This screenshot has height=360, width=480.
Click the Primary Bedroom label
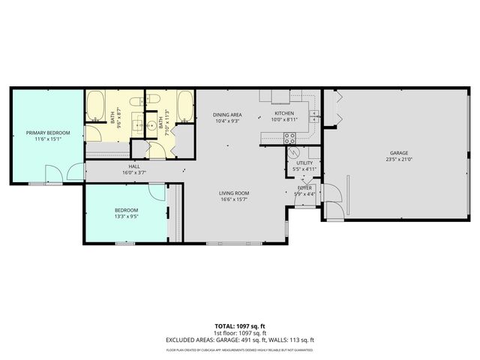pos(48,133)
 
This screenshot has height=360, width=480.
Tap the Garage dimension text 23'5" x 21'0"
pos(398,159)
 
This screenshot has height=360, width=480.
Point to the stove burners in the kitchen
pos(289,137)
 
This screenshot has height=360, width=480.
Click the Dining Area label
pos(226,113)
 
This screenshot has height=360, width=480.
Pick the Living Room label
pos(234,193)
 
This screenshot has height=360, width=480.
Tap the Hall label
pos(134,166)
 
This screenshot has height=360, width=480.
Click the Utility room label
pos(304,163)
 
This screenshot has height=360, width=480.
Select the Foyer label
pos(304,187)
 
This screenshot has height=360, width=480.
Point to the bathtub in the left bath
pos(95,106)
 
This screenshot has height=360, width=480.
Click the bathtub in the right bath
pos(184,106)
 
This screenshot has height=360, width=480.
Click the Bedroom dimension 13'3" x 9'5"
pos(126,217)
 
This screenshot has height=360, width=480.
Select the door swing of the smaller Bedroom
pos(156,193)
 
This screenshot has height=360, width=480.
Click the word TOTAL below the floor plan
pos(225,326)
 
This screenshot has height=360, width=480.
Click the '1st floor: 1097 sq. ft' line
pos(239,332)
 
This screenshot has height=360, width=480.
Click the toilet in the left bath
pos(136,101)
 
